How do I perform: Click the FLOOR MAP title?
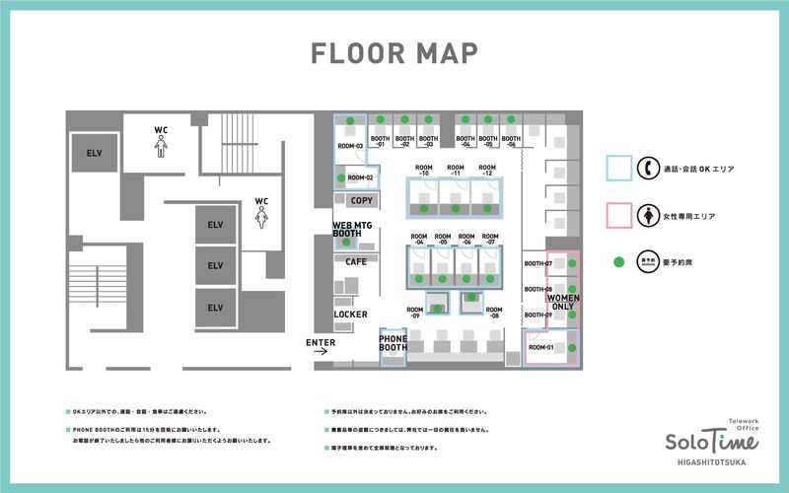[394, 52]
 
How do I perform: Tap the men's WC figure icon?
[161, 147]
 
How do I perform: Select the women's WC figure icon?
[262, 219]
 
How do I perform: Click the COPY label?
[362, 200]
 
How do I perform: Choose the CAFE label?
[356, 261]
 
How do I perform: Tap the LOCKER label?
[351, 315]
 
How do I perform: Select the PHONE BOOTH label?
[394, 344]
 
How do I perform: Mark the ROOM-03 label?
[350, 146]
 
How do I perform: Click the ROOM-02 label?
[361, 177]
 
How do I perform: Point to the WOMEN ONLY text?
[563, 302]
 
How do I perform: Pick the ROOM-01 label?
[541, 347]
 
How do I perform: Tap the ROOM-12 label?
[487, 172]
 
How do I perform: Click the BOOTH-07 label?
[538, 264]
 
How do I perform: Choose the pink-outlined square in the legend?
[618, 216]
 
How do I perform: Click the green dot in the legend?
[618, 263]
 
